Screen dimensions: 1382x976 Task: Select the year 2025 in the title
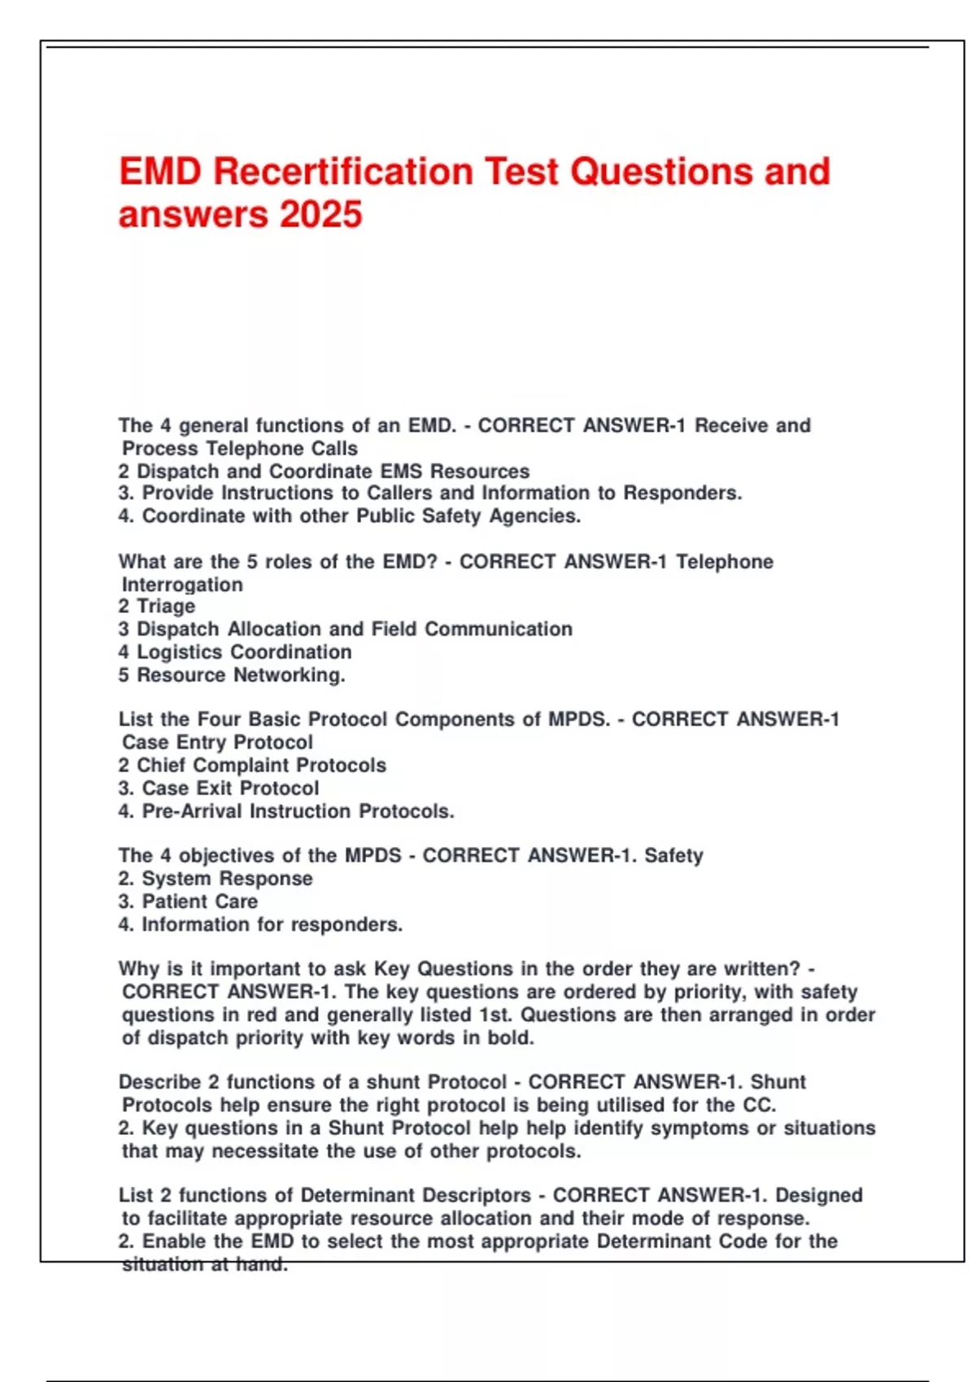click(321, 215)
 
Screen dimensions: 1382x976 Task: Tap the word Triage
click(166, 606)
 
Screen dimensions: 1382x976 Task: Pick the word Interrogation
click(182, 585)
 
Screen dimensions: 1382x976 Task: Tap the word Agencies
click(534, 516)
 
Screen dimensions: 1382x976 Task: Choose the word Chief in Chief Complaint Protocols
click(162, 766)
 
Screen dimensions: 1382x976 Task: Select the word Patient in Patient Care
click(171, 902)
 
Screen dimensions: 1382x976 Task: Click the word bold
click(512, 1038)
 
